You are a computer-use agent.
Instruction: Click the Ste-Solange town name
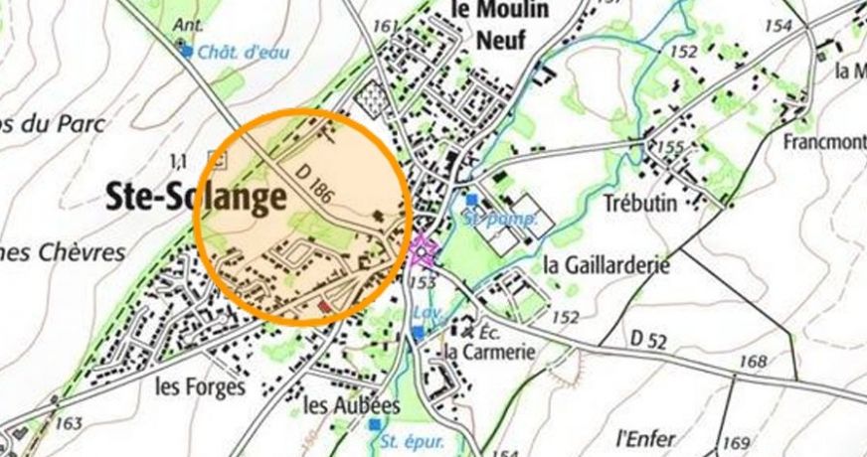coord(196,198)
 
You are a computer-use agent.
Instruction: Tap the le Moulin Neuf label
coord(487,25)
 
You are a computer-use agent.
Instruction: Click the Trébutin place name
coord(639,203)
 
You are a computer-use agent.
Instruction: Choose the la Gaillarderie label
coord(607,265)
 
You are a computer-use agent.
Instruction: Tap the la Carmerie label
coord(489,352)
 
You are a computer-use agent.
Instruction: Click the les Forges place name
coord(199,387)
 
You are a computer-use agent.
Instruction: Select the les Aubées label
coord(351,405)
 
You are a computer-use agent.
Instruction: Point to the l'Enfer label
coord(645,437)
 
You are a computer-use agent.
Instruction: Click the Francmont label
coord(825,141)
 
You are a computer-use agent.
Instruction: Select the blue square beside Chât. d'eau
coord(185,48)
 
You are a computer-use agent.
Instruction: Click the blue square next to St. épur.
coord(374,424)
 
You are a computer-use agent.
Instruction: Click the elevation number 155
coord(671,147)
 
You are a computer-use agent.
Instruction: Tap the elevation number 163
coord(69,424)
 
